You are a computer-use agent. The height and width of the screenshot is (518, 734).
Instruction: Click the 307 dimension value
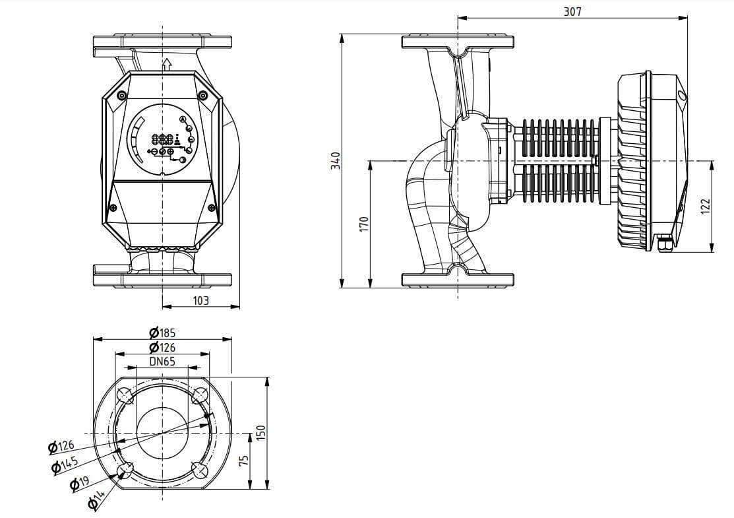[572, 11]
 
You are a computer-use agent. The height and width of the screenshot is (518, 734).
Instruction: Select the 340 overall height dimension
[335, 161]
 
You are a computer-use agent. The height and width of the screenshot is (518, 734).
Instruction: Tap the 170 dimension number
[363, 224]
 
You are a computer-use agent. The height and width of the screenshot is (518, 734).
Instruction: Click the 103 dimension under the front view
[200, 300]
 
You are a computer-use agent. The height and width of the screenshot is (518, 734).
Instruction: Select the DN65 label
[162, 362]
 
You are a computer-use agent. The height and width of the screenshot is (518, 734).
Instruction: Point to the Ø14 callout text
[96, 501]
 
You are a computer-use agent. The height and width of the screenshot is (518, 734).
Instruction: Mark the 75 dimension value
[244, 460]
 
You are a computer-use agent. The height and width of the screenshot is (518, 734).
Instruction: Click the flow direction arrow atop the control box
[166, 64]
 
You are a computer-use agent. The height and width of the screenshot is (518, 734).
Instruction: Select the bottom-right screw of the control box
[212, 208]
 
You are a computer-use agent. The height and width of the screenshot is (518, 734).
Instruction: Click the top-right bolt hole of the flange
[200, 396]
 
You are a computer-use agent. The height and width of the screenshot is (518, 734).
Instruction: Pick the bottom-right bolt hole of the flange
[200, 470]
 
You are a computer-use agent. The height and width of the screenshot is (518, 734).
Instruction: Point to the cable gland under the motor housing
[665, 245]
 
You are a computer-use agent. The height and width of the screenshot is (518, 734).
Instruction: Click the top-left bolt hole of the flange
[125, 396]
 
